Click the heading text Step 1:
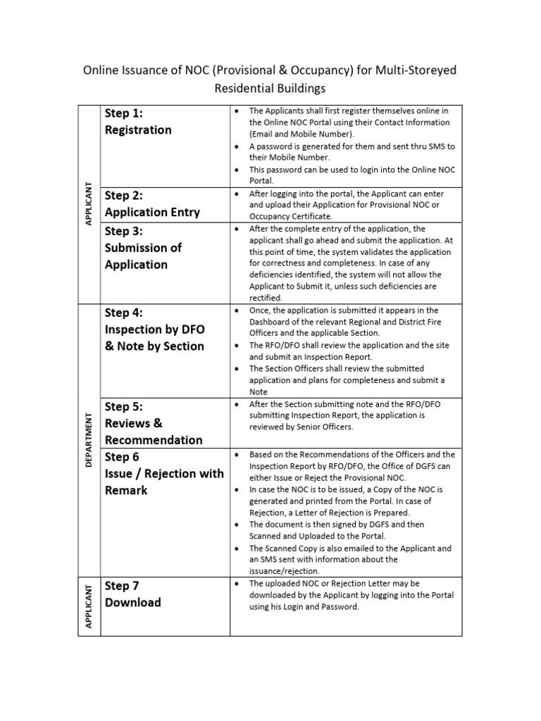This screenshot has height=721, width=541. tap(124, 113)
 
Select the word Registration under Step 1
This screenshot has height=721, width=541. tap(138, 130)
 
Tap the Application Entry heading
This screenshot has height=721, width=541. tap(152, 212)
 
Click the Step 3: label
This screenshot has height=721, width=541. tap(124, 231)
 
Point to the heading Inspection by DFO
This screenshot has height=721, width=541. tap(154, 329)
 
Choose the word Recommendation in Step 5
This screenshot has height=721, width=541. tap(154, 440)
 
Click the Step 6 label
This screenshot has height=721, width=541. tap(122, 457)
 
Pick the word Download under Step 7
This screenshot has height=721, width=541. tap(133, 603)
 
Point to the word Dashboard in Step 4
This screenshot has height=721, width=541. tap(273, 322)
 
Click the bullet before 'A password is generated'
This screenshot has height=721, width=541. tap(239, 146)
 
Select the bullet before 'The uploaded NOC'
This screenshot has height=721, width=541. tap(239, 584)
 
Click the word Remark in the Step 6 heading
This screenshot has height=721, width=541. tap(126, 490)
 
